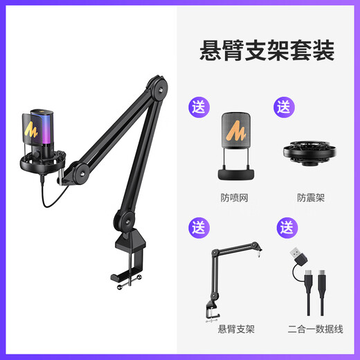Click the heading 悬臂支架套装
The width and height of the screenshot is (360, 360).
point(267,51)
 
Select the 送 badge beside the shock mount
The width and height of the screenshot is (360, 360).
point(285,108)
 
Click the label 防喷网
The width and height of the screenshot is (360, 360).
point(235,197)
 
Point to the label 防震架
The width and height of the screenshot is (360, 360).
point(310,197)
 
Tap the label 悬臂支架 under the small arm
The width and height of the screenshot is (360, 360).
point(235,328)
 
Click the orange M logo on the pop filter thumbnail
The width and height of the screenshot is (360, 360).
point(236,131)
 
